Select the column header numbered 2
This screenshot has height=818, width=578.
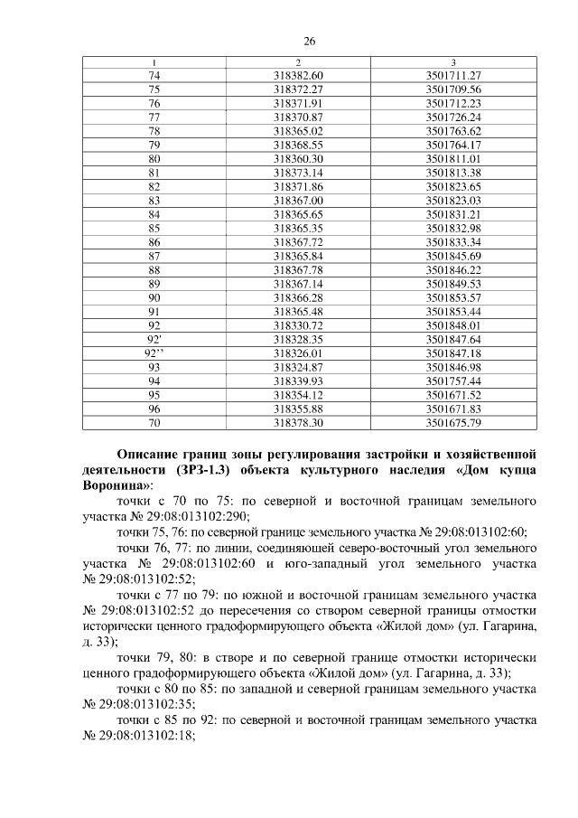point(298,62)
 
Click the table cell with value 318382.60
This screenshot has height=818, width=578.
point(298,74)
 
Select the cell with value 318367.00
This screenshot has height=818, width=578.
point(298,201)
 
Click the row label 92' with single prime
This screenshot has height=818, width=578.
point(154,339)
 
